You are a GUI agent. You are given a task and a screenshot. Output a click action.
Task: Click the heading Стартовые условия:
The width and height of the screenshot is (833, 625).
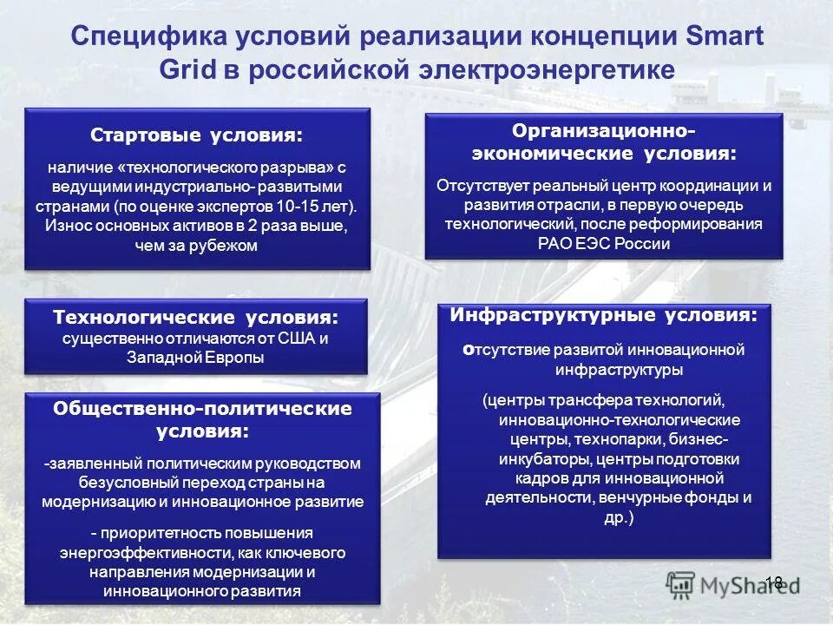[198, 135]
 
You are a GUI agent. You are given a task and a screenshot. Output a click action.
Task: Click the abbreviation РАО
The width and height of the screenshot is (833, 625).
[554, 243]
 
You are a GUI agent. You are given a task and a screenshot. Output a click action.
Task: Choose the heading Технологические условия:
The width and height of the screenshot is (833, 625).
[196, 318]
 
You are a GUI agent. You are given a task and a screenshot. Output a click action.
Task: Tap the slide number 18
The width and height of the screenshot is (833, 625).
[774, 582]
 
